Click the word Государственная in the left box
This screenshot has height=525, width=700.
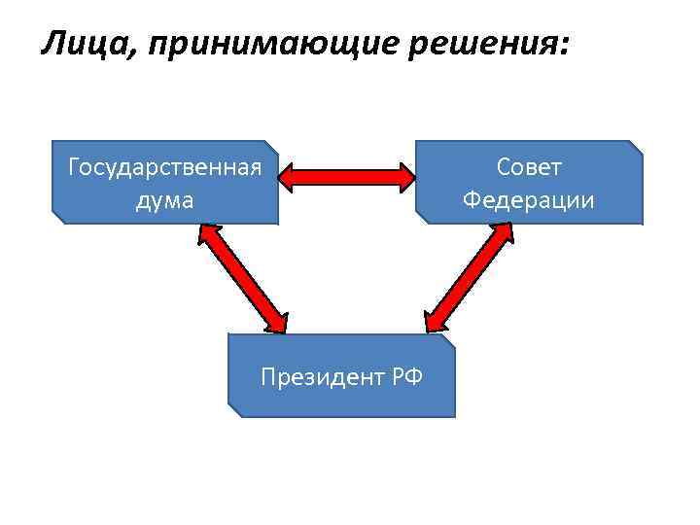coord(164,167)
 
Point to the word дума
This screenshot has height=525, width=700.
coord(164,200)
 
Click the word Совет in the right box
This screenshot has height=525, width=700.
coord(529,167)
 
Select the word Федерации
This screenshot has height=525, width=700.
coord(529,200)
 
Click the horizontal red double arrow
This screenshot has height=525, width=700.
coord(347,176)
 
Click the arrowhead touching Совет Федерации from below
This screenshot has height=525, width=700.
coord(503,234)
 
